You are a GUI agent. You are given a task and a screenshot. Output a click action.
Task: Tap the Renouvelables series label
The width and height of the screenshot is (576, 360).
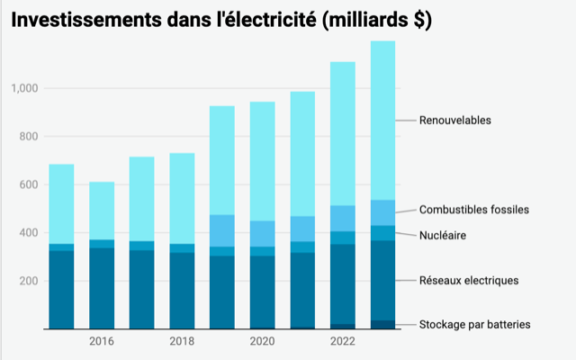pyautogui.click(x=455, y=121)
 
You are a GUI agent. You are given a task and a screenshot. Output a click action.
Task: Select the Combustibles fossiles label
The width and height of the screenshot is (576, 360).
pyautogui.click(x=473, y=210)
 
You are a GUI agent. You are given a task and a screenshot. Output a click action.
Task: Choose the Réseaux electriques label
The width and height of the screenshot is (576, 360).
pyautogui.click(x=469, y=281)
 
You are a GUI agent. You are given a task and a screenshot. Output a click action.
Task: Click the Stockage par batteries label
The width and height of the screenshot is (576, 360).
pyautogui.click(x=474, y=324)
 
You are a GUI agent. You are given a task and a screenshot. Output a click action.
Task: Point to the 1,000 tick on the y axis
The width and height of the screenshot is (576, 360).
pyautogui.click(x=24, y=88)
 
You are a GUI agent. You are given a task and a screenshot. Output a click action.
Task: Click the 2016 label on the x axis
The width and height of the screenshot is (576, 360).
pyautogui.click(x=102, y=342)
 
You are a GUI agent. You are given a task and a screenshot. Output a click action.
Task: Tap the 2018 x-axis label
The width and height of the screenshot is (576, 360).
pyautogui.click(x=182, y=342)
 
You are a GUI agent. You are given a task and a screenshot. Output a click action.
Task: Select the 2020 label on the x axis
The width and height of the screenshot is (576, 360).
pyautogui.click(x=262, y=342)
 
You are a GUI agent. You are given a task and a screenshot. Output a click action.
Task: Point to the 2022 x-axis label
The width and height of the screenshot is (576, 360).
pyautogui.click(x=342, y=342)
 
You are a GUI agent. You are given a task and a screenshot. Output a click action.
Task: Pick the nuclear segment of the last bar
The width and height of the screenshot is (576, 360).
pyautogui.click(x=382, y=233)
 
